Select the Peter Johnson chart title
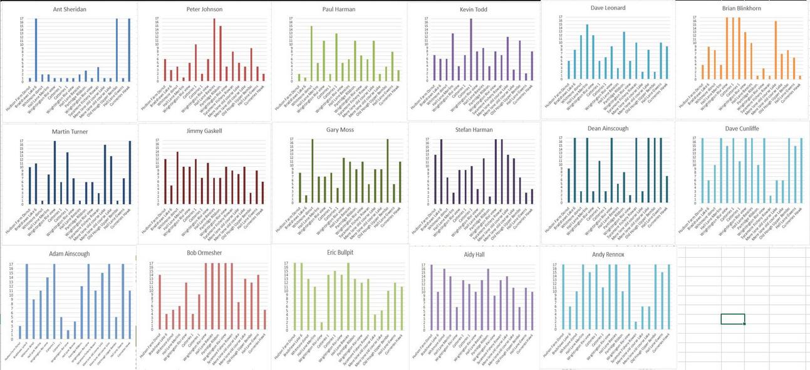click(x=204, y=9)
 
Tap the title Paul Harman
click(x=340, y=9)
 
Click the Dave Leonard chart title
click(x=608, y=8)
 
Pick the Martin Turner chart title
click(x=69, y=131)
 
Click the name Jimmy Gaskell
click(x=204, y=130)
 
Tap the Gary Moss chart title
click(x=340, y=130)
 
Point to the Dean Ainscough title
click(x=608, y=129)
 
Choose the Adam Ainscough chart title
click(x=69, y=254)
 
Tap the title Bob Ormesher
click(x=204, y=253)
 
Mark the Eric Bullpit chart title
click(x=340, y=254)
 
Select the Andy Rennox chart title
click(x=608, y=255)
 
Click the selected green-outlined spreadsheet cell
click(x=732, y=319)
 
